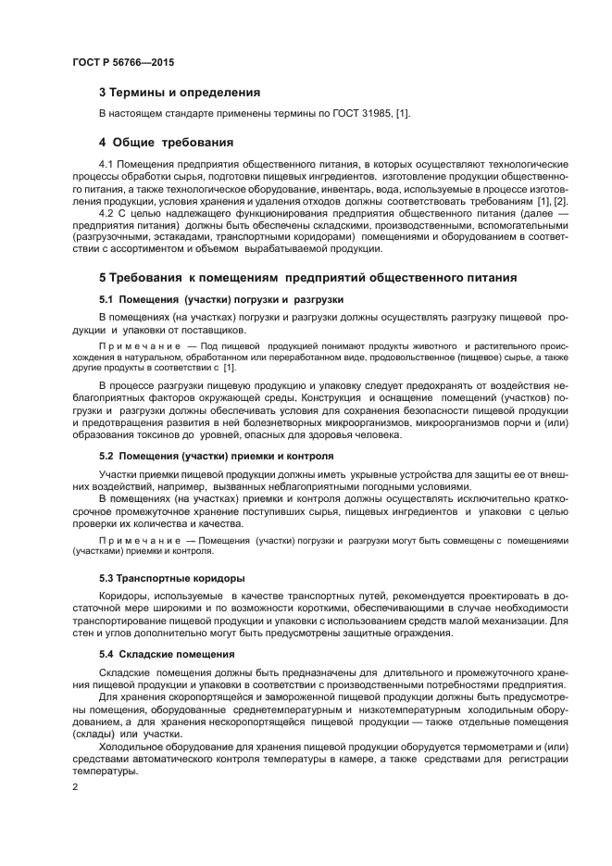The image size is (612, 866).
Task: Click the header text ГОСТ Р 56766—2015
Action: pyautogui.click(x=123, y=62)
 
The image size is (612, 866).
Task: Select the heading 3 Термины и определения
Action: pyautogui.click(x=179, y=93)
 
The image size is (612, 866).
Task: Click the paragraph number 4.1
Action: pyautogui.click(x=106, y=164)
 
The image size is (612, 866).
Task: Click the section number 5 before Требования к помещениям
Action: pyautogui.click(x=103, y=278)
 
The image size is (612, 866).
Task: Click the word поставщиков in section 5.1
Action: pyautogui.click(x=215, y=330)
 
